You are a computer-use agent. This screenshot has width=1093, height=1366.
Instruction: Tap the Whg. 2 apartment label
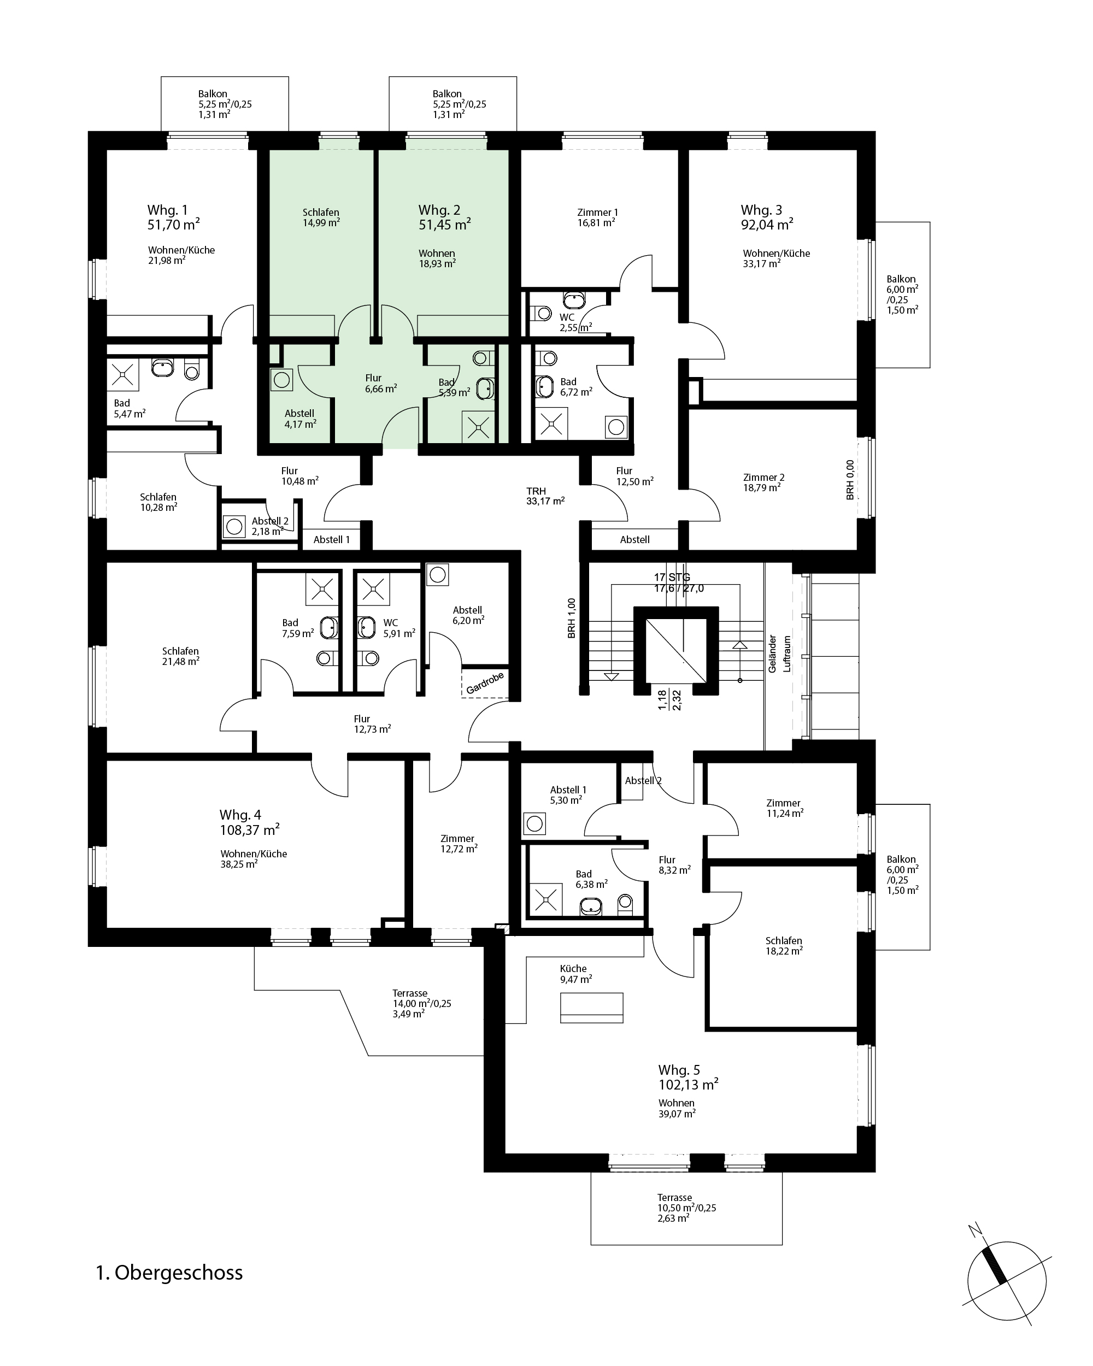[x=439, y=210]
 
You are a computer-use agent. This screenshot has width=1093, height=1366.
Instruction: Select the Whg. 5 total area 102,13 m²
[x=688, y=1084]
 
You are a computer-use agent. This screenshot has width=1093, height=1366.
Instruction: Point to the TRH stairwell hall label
[x=536, y=491]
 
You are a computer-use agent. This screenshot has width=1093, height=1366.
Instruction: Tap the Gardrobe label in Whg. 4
[x=485, y=683]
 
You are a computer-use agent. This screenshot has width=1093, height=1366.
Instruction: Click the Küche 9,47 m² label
[x=576, y=974]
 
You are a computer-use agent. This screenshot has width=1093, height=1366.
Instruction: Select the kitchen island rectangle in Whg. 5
[x=592, y=1008]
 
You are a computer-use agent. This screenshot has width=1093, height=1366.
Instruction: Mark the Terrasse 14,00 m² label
[x=422, y=1004]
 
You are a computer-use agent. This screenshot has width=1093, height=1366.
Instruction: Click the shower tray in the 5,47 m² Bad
[x=122, y=374]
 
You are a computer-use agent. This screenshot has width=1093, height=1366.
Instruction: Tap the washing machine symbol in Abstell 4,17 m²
[x=281, y=380]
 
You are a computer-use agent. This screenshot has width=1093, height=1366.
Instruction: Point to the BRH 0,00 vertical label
[x=850, y=480]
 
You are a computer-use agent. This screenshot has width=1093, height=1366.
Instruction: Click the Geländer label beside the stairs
[x=772, y=654]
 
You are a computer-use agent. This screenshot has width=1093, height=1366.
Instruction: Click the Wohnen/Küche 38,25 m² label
[x=254, y=859]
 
